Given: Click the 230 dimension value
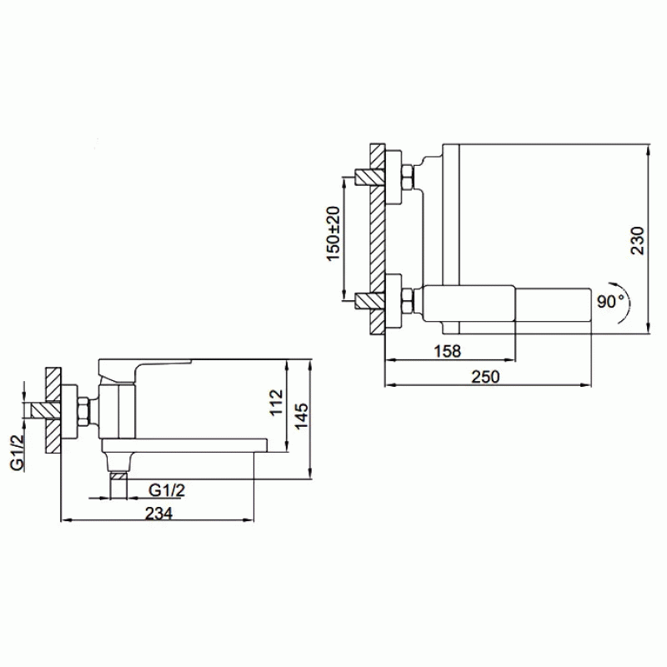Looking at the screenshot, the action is tap(637, 241).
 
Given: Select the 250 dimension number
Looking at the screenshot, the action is tap(486, 376).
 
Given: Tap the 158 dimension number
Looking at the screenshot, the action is tap(447, 351).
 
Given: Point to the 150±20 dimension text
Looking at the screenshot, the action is tap(333, 233).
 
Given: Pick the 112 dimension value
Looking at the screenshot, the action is tap(276, 403).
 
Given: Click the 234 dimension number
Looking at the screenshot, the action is tap(159, 513).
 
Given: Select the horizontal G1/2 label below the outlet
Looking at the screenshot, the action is tap(167, 490).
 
